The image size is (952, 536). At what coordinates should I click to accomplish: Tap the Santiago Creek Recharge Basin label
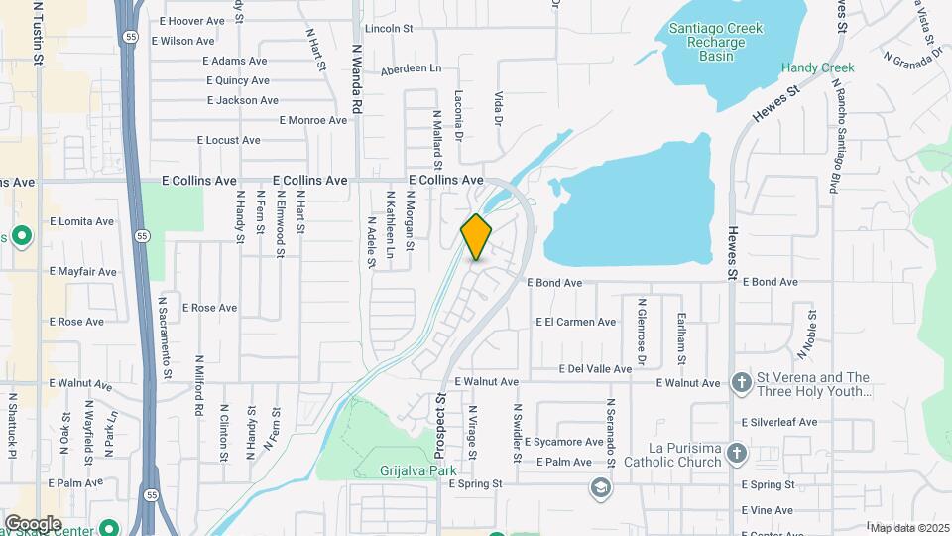pyautogui.click(x=715, y=42)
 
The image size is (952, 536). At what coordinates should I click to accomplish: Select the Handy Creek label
pyautogui.click(x=816, y=67)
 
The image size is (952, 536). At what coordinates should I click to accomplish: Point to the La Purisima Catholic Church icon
pyautogui.click(x=736, y=453)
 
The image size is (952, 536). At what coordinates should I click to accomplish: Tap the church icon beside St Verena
pyautogui.click(x=741, y=383)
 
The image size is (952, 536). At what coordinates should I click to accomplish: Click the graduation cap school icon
pyautogui.click(x=599, y=487)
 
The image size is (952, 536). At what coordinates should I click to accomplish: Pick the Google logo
pyautogui.click(x=33, y=523)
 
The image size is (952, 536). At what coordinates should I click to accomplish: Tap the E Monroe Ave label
pyautogui.click(x=313, y=120)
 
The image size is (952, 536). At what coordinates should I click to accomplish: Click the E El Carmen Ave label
pyautogui.click(x=576, y=322)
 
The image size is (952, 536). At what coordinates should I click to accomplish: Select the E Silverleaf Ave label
pyautogui.click(x=779, y=422)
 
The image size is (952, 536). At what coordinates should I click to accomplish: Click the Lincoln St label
pyautogui.click(x=389, y=29)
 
